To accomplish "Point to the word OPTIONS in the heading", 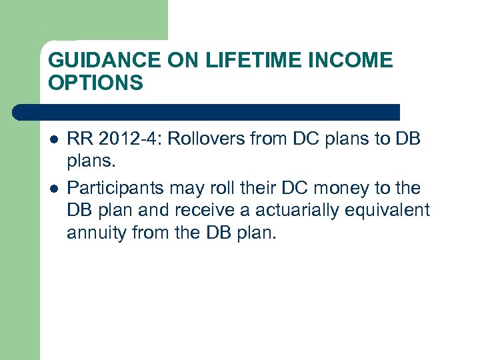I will point(95,83).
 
